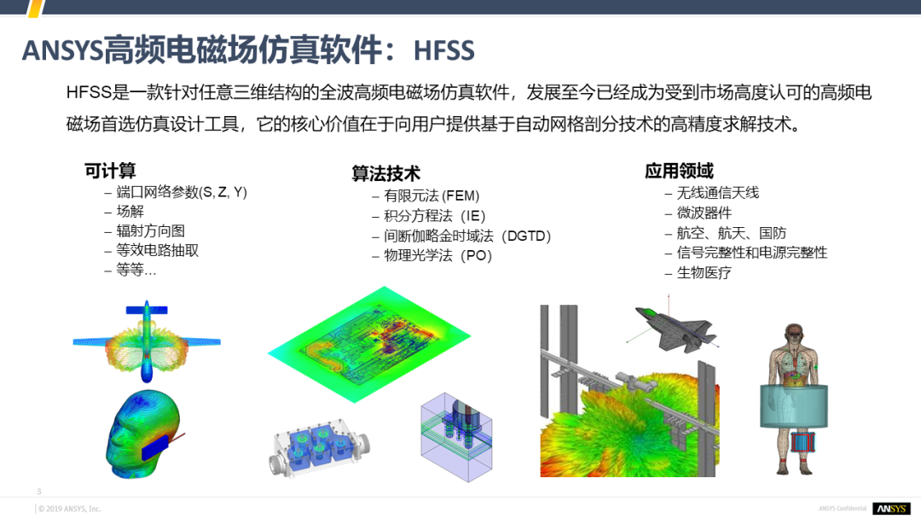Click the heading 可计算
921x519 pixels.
click(x=110, y=171)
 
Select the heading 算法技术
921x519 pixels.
click(x=386, y=173)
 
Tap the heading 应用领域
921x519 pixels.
click(x=679, y=171)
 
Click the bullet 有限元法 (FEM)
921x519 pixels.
click(x=432, y=195)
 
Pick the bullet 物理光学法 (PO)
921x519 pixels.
click(x=437, y=256)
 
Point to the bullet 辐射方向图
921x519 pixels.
click(x=150, y=231)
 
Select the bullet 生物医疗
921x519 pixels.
click(x=704, y=272)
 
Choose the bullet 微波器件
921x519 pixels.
click(x=704, y=213)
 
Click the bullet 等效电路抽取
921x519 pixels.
click(x=158, y=250)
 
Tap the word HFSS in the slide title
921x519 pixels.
click(x=443, y=50)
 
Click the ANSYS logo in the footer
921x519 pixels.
click(x=891, y=509)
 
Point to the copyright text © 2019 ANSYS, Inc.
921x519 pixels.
click(x=69, y=509)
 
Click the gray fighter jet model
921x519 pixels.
click(x=675, y=328)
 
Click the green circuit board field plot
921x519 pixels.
click(x=369, y=344)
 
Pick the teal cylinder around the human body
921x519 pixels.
click(x=794, y=405)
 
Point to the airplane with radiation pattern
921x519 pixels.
click(x=147, y=341)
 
